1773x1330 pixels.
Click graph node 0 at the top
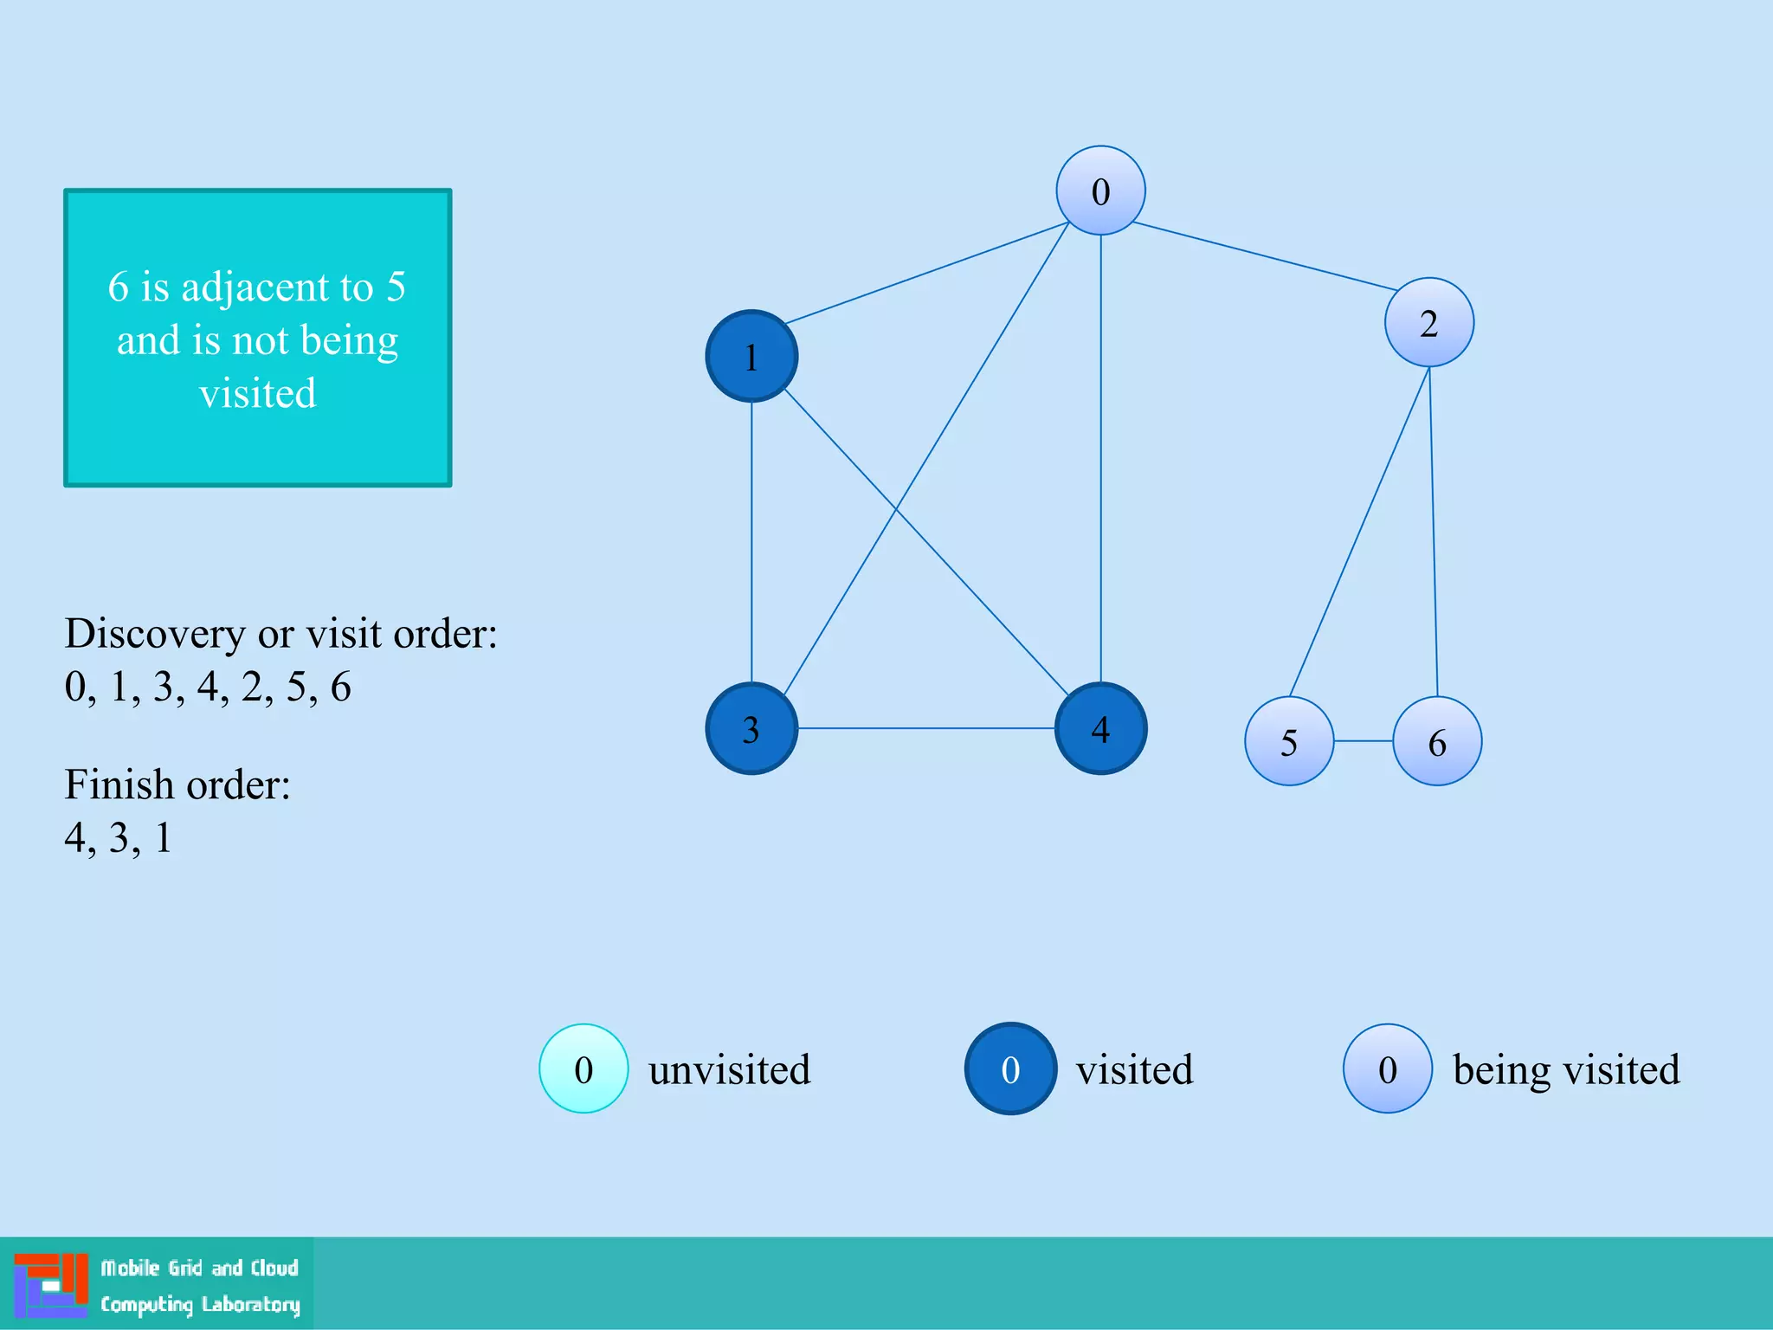coord(1100,190)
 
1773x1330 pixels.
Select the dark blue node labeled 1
coord(751,356)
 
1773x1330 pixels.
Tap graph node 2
coord(1429,322)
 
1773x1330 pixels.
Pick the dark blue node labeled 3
coord(751,728)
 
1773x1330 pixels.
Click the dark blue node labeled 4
coord(1100,728)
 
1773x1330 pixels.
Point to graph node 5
coord(1289,741)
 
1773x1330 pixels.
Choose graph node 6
coord(1437,741)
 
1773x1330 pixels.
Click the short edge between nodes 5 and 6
coord(1364,741)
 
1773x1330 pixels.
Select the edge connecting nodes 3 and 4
coord(926,728)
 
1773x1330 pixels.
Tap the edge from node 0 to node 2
coord(1264,256)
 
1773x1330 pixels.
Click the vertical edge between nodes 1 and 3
coord(751,542)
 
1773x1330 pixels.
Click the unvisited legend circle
coord(583,1069)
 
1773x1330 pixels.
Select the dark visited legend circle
coord(1010,1069)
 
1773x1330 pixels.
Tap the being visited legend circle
coord(1387,1069)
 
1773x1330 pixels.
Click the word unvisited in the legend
coord(729,1070)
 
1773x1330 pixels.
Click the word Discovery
coord(154,634)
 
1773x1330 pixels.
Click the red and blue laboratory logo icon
coord(51,1285)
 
